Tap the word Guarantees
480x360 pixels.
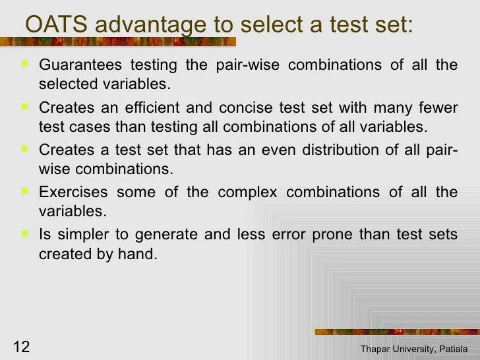[82, 65]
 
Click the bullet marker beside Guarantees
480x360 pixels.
[24, 64]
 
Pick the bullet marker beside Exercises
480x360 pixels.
[24, 191]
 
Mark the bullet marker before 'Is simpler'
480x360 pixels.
[24, 233]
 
